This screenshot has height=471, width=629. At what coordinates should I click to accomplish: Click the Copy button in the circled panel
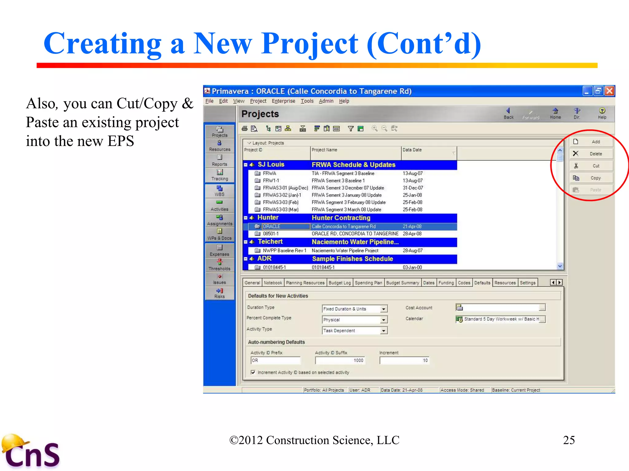[591, 178]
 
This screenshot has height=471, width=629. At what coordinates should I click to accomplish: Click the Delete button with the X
[591, 154]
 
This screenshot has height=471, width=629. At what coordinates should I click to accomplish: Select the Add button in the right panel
[591, 142]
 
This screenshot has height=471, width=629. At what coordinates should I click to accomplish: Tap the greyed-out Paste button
[591, 190]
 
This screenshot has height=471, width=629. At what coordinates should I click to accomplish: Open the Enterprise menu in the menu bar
[283, 101]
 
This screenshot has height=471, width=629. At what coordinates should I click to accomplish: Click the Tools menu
[307, 101]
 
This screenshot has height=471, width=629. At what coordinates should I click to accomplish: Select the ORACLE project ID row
[272, 227]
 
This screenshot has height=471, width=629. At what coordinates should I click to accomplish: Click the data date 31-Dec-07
[413, 188]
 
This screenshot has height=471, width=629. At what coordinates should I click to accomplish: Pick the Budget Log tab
[339, 283]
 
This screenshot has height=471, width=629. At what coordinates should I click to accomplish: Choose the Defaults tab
[482, 283]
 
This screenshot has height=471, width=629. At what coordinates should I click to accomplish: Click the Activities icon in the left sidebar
[219, 205]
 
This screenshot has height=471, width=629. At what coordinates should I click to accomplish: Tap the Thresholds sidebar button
[219, 265]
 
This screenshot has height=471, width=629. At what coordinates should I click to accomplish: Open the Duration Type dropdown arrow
[384, 309]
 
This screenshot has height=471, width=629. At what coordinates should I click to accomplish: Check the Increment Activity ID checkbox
[253, 373]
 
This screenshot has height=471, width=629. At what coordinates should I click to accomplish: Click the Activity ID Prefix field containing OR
[275, 361]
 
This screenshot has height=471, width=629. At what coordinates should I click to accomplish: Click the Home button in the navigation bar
[555, 113]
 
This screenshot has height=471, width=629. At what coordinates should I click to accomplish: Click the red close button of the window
[609, 91]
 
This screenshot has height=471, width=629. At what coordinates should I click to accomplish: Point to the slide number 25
[569, 440]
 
